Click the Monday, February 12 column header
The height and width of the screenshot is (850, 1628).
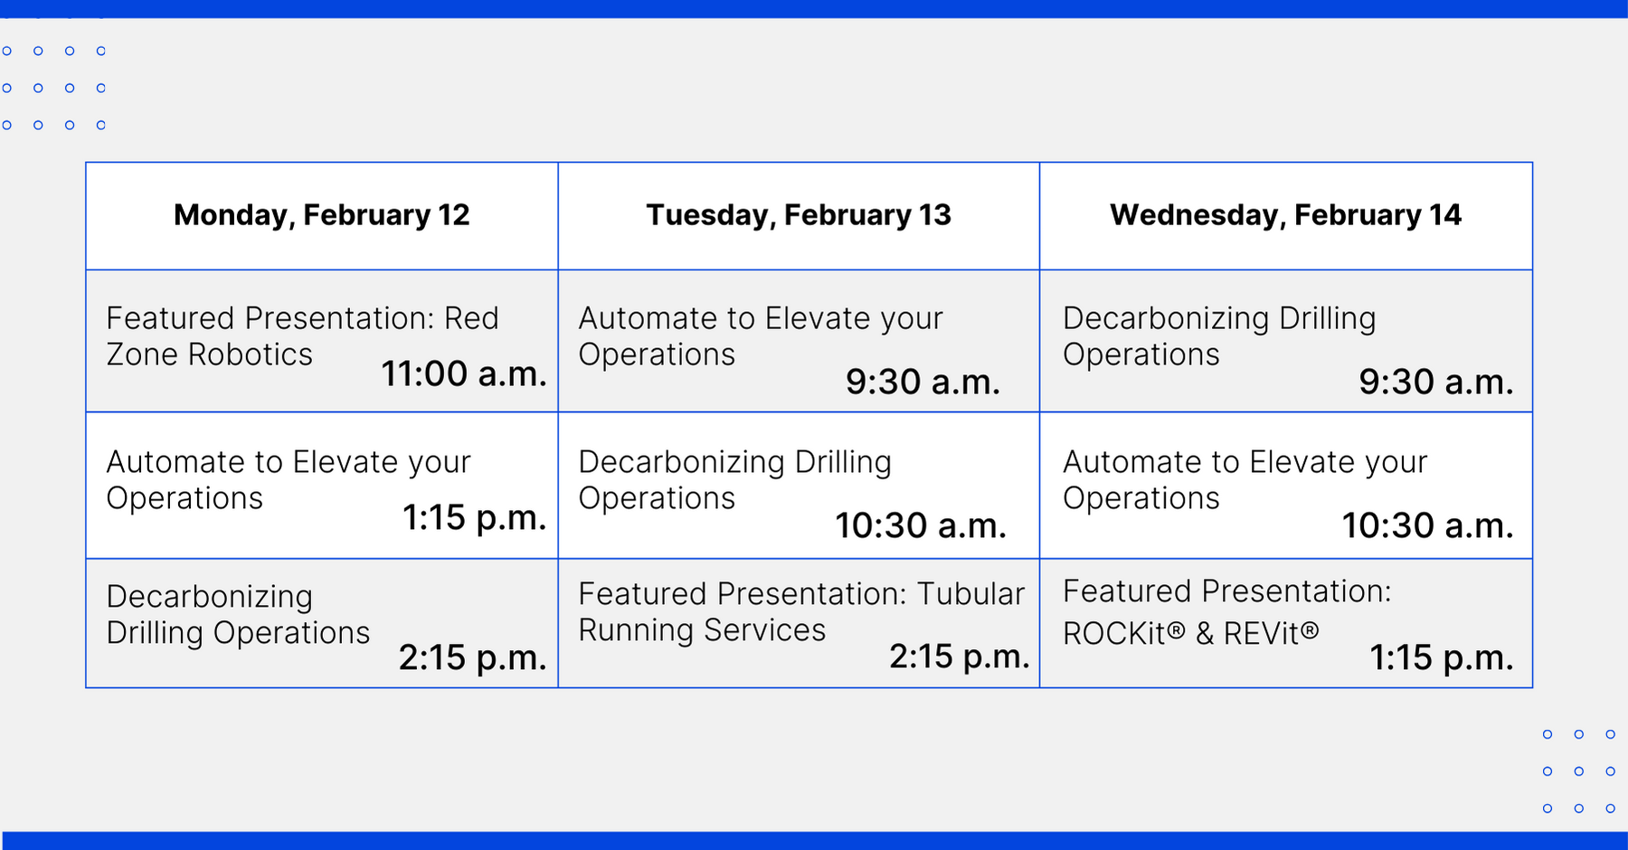(x=322, y=215)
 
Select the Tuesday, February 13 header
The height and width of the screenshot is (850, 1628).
(x=799, y=215)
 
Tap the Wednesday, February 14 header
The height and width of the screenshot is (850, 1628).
(x=1286, y=215)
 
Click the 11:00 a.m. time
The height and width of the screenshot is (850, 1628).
(x=464, y=373)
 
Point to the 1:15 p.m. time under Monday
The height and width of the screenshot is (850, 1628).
(x=474, y=517)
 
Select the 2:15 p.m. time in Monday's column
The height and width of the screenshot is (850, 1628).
(x=472, y=657)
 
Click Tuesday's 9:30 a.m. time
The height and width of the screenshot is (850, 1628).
(x=923, y=382)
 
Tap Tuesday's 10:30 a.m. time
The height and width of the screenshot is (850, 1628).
(x=921, y=525)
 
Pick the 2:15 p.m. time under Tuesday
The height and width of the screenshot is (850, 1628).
(x=960, y=656)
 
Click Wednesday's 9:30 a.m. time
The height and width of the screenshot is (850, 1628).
(x=1436, y=382)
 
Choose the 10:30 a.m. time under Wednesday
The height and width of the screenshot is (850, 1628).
(x=1427, y=525)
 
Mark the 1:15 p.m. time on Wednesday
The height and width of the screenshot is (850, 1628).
(x=1442, y=657)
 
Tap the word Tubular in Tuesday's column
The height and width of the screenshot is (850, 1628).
(x=971, y=594)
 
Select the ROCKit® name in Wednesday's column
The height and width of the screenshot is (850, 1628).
(x=1124, y=633)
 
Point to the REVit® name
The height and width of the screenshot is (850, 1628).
(x=1272, y=633)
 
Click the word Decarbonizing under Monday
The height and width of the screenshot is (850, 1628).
(x=210, y=598)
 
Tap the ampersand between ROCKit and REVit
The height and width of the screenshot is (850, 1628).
(x=1205, y=633)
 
